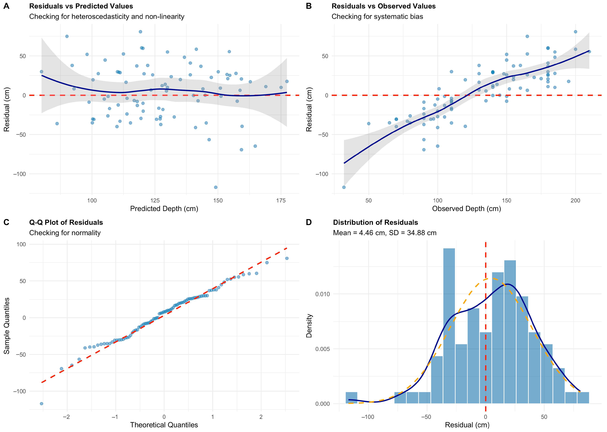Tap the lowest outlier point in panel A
point(216,187)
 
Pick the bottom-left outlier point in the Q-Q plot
point(41,404)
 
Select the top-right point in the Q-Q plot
point(287,258)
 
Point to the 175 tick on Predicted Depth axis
point(281,201)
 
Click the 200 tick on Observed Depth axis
point(575,201)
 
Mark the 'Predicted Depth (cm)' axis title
point(164,209)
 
